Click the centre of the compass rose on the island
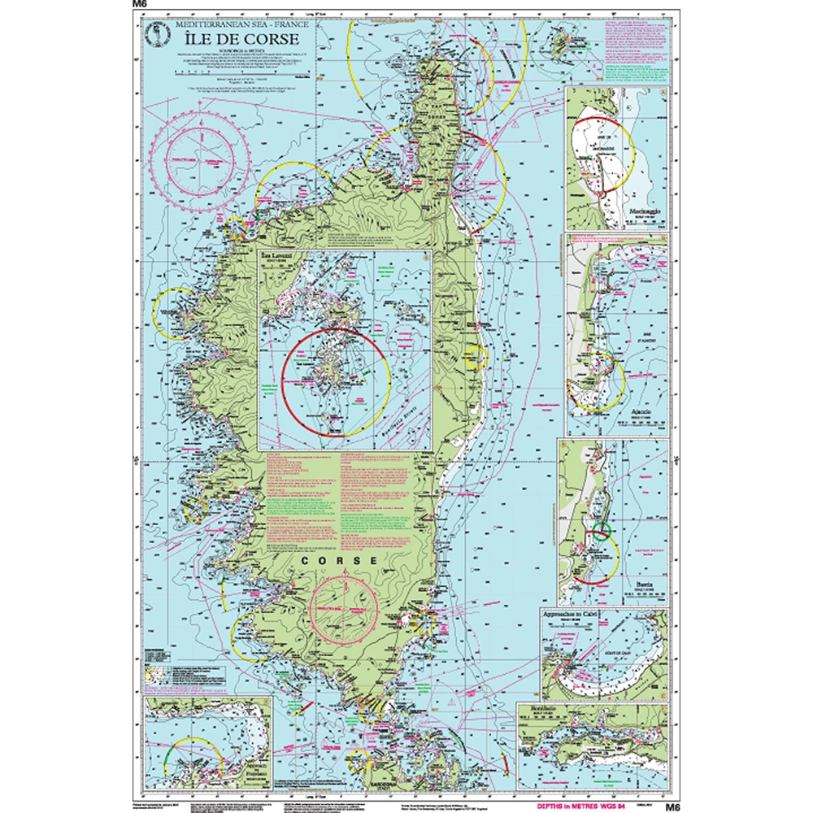click(345, 606)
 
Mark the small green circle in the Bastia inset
click(601, 532)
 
